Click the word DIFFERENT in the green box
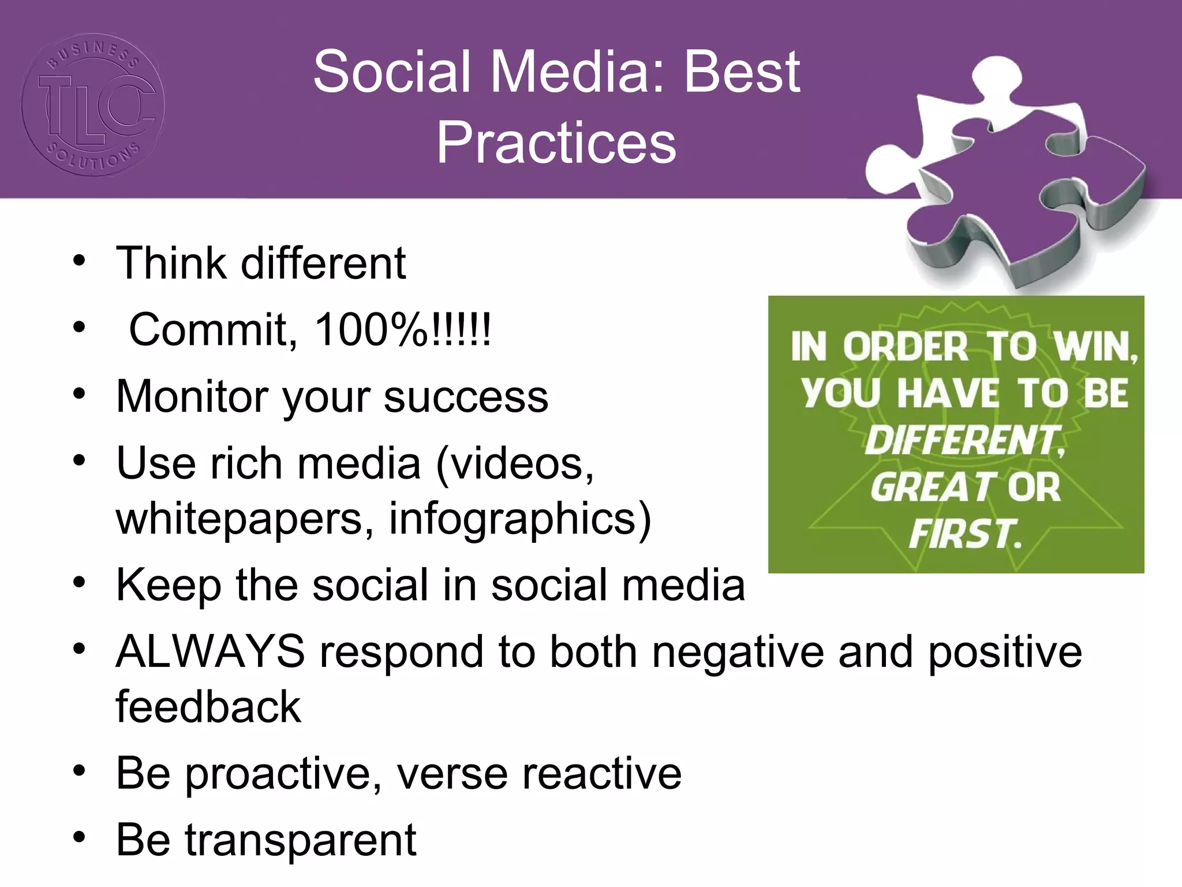pyautogui.click(x=964, y=441)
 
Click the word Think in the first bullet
pyautogui.click(x=171, y=263)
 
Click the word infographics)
pyautogui.click(x=520, y=519)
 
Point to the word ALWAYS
pyautogui.click(x=210, y=651)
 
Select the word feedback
pyautogui.click(x=208, y=707)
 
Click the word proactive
pyautogui.click(x=283, y=774)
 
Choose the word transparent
pyautogui.click(x=300, y=840)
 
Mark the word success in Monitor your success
pyautogui.click(x=466, y=397)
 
